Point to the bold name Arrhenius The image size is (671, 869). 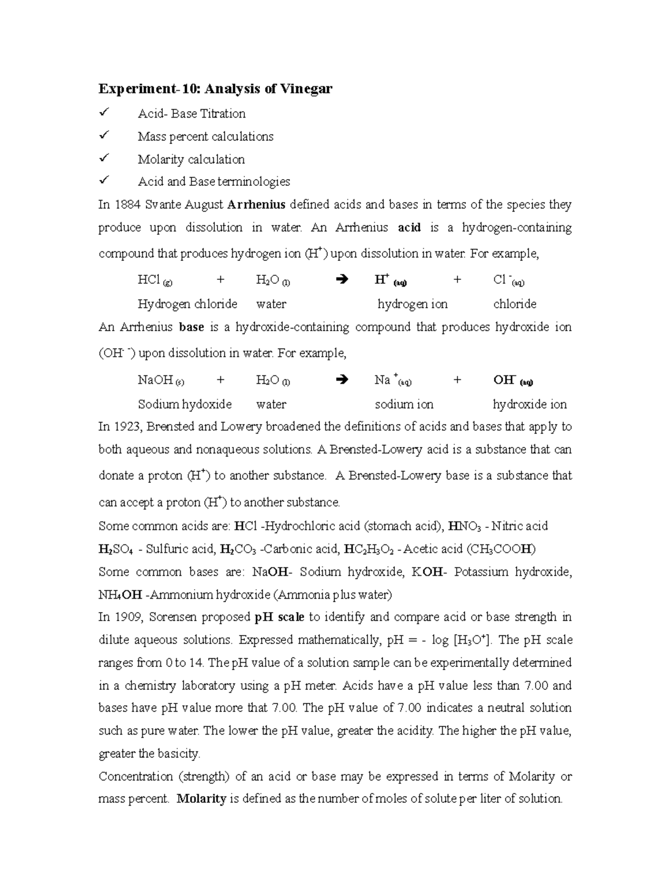coord(257,205)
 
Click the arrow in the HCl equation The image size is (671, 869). coord(343,279)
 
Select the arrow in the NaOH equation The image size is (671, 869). coord(343,381)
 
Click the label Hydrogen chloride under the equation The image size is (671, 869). coord(187,304)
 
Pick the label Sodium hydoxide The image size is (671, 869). coord(185,404)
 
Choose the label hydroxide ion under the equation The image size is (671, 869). coord(530,404)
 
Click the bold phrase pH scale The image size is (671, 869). coord(279,617)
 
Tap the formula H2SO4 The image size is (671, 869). coord(116,549)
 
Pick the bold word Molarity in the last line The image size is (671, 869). coord(201,799)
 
